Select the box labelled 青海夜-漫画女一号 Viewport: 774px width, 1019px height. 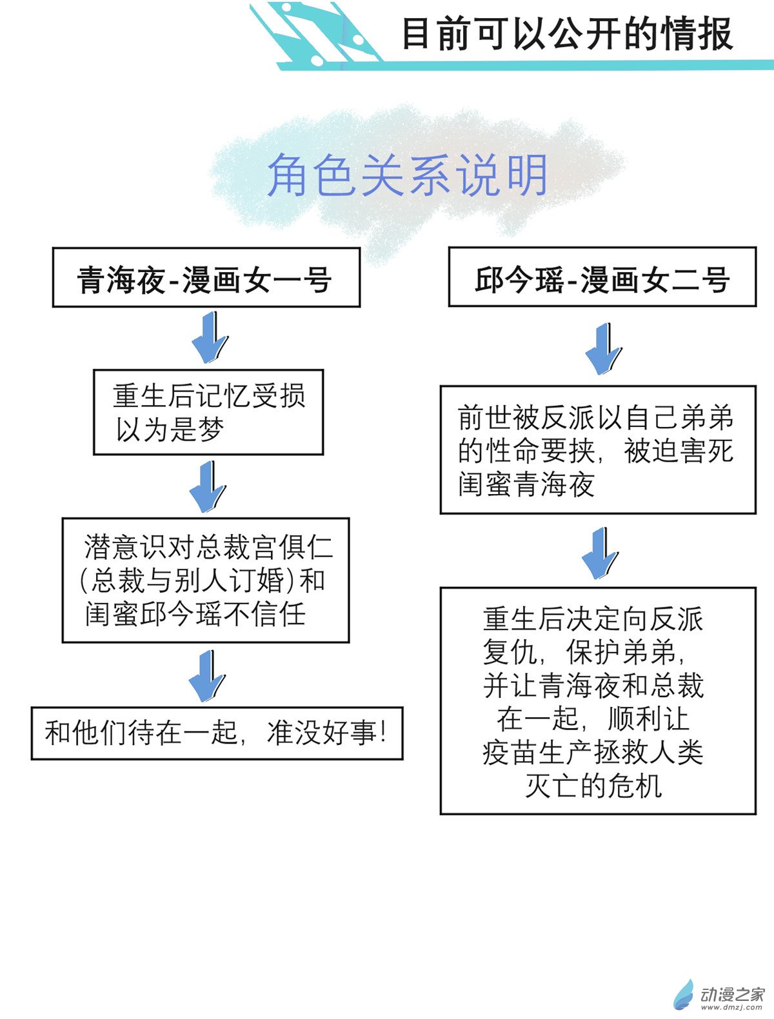[206, 277]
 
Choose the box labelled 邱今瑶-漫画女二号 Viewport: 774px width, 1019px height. [602, 277]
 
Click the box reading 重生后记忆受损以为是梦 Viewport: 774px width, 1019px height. [208, 412]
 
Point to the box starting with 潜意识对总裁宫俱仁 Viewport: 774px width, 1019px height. [206, 580]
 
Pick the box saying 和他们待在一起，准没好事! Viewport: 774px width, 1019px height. [217, 733]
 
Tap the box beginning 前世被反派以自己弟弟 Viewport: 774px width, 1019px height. [597, 450]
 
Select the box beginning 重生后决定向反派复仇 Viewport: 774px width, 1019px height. [597, 700]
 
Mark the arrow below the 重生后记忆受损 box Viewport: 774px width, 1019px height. [208, 487]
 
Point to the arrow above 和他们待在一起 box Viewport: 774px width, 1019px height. [207, 676]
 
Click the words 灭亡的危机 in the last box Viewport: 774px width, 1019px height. [593, 786]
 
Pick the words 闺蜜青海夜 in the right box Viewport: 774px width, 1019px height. [526, 484]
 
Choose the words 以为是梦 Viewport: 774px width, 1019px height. [170, 430]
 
